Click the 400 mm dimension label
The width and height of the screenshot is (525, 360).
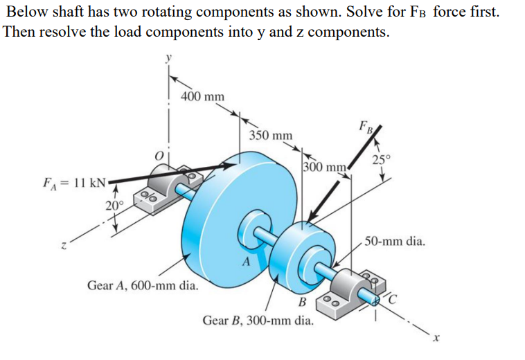[x=202, y=96]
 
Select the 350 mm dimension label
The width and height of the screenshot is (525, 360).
[x=270, y=136]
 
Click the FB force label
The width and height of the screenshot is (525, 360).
[x=366, y=128]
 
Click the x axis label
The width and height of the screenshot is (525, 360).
[x=436, y=338]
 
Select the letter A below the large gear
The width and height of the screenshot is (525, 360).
[x=244, y=261]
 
